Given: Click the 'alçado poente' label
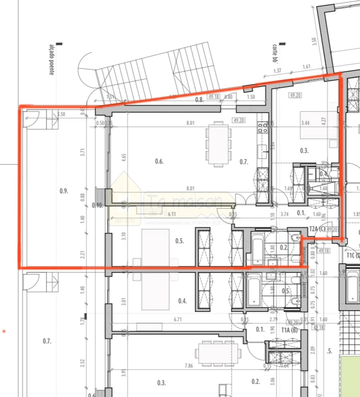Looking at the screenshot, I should (51, 60).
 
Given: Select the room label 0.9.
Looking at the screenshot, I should (64, 191).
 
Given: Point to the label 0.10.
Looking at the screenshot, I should (97, 206).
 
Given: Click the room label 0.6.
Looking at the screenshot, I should (159, 161).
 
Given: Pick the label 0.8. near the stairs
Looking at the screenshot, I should (199, 100).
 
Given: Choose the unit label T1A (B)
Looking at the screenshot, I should (289, 330).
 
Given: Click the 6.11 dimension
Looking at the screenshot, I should (172, 214).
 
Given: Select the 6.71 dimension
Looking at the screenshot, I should (178, 319).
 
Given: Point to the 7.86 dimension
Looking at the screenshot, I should (189, 366).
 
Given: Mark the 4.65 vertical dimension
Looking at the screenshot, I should (124, 157).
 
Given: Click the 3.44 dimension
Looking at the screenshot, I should (305, 123).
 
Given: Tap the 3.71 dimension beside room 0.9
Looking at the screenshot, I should (82, 152).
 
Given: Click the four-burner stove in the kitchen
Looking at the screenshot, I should (262, 128).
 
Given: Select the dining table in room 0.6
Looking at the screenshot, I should (218, 144).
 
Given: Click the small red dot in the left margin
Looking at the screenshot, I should (4, 331).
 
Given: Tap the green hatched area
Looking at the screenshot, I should (350, 376).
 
